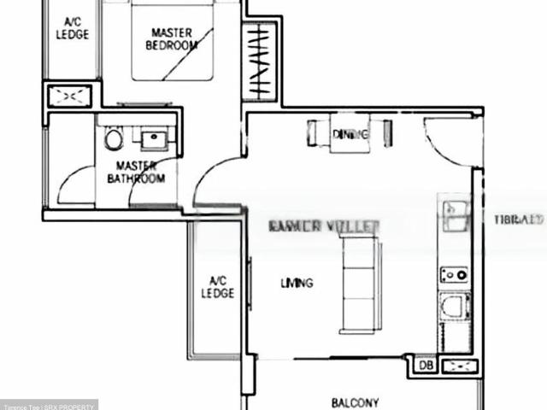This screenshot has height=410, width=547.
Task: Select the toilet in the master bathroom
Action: pyautogui.click(x=112, y=140)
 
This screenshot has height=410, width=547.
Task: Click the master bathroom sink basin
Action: pyautogui.click(x=155, y=138)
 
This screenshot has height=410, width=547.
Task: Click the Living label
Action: pyautogui.click(x=297, y=283)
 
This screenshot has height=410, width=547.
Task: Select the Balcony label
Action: pyautogui.click(x=355, y=402)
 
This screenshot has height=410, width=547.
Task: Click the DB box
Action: pyautogui.click(x=426, y=366)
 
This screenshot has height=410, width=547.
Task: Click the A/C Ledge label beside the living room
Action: pyautogui.click(x=217, y=287)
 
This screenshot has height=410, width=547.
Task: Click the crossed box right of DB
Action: pyautogui.click(x=460, y=366)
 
